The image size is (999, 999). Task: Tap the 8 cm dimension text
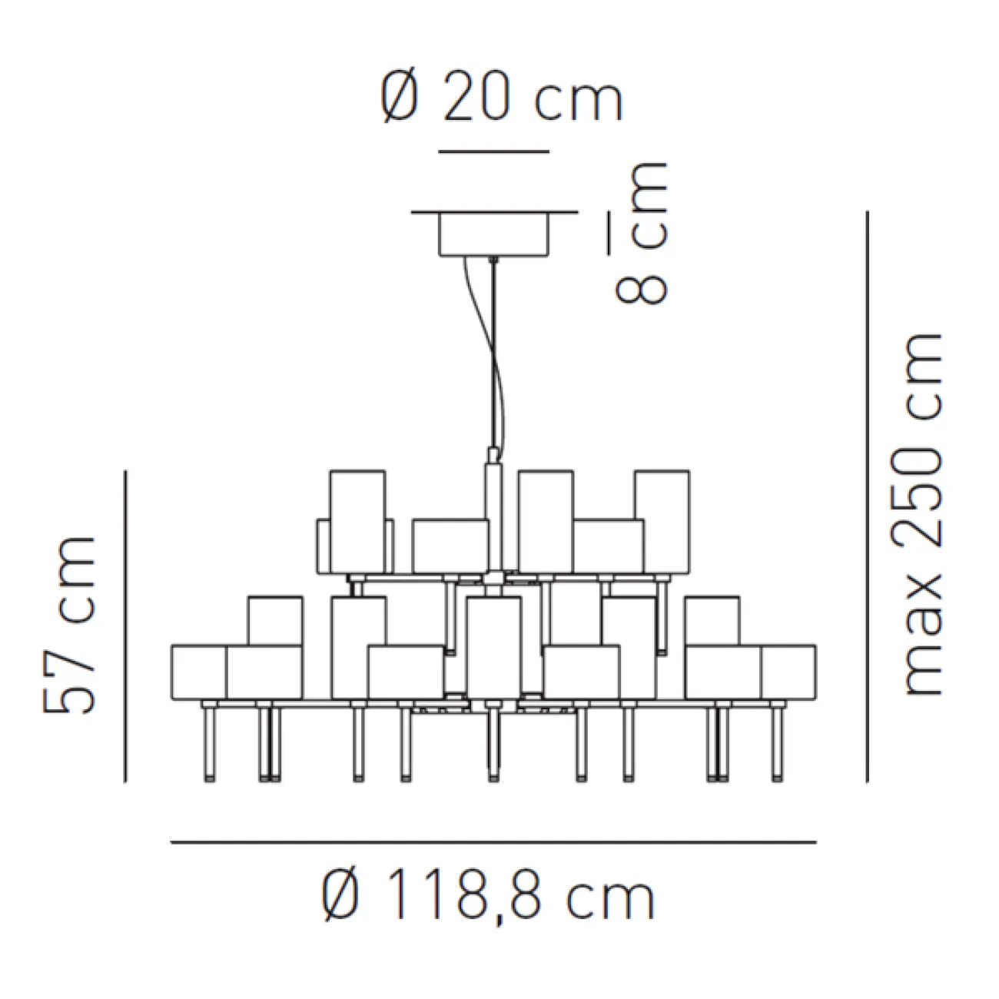coord(642,234)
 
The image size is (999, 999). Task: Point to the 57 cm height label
coord(69,624)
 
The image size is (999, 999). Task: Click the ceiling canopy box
coord(493,234)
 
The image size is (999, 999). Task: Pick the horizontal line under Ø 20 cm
coord(493,152)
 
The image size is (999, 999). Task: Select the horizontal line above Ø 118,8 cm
coord(493,842)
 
